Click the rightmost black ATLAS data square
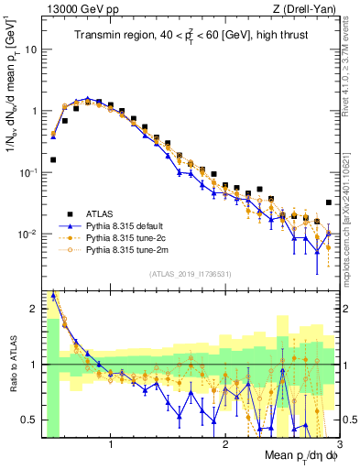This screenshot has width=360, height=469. (x=329, y=203)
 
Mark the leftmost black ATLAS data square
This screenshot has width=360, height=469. (x=52, y=159)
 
